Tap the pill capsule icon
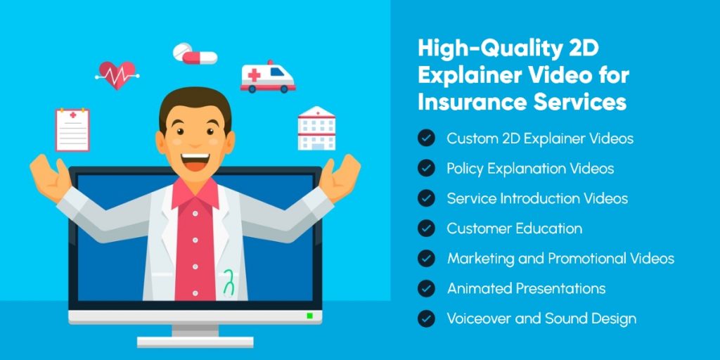[x=195, y=53]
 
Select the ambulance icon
[x=268, y=77]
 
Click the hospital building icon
[x=316, y=129]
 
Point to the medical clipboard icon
[x=72, y=129]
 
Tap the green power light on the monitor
[x=309, y=316]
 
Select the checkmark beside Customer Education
[x=426, y=229]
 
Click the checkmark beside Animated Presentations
[x=426, y=288]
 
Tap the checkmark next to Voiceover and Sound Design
[x=426, y=319]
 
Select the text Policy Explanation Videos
[x=530, y=169]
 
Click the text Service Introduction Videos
[x=537, y=199]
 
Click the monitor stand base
[x=195, y=342]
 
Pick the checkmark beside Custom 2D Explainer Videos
[x=426, y=139]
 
